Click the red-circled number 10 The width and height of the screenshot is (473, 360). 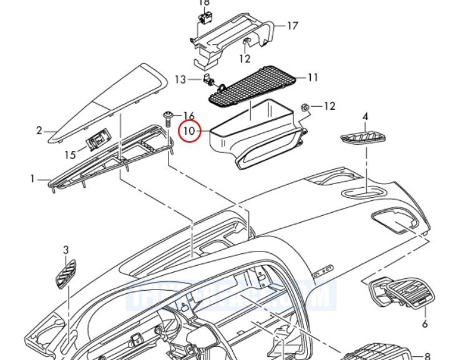[189, 132]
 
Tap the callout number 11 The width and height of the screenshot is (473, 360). [313, 77]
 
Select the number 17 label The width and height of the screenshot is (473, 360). [292, 26]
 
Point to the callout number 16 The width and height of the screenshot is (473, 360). [189, 115]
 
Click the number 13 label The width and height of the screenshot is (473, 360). [180, 79]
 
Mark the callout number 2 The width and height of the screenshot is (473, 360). [39, 130]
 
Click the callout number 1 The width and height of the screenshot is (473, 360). [32, 179]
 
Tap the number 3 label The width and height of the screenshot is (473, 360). [66, 250]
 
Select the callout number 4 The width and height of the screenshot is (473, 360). [365, 116]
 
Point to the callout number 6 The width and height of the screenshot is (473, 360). [424, 324]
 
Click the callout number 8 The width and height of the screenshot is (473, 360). [427, 356]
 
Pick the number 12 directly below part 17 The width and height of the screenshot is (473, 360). [245, 59]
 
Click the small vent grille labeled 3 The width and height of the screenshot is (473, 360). [65, 273]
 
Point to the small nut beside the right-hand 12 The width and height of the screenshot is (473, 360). [306, 107]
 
